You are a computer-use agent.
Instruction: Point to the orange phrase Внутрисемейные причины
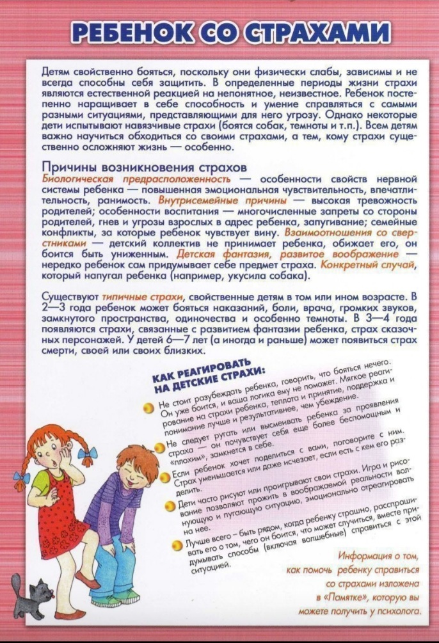[237, 200]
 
